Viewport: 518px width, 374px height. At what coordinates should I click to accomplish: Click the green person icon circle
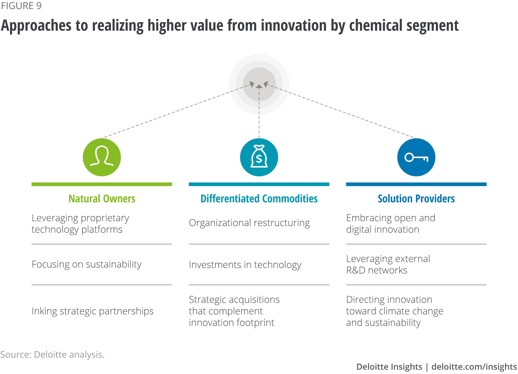102,157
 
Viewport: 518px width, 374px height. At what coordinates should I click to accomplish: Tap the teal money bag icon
259,157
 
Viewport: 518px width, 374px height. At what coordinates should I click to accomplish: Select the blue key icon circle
416,157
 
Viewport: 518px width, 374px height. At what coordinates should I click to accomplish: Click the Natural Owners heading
102,199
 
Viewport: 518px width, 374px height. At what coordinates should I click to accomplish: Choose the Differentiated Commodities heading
259,199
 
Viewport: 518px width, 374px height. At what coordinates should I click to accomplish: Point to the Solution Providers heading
416,199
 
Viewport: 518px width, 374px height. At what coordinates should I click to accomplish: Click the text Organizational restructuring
249,223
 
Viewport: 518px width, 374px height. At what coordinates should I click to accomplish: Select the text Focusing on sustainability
87,264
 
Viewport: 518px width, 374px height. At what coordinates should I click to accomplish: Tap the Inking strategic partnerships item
92,311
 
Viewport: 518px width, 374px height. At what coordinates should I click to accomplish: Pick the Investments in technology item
245,265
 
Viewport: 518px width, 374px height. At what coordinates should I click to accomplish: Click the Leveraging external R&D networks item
388,264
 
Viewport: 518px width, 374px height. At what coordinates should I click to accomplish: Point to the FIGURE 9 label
21,6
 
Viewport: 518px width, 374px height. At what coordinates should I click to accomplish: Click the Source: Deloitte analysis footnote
52,354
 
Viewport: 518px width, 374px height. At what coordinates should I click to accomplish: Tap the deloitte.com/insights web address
474,367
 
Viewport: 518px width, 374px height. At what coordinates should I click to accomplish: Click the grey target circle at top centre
259,84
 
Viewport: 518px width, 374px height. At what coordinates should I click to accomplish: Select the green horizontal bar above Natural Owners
102,184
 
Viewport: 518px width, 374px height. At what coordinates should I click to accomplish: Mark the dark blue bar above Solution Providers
416,184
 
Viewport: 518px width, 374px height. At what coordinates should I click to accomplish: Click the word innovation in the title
293,25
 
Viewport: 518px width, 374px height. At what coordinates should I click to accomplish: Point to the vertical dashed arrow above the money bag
259,111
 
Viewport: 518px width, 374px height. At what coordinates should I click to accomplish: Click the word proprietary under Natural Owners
105,218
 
